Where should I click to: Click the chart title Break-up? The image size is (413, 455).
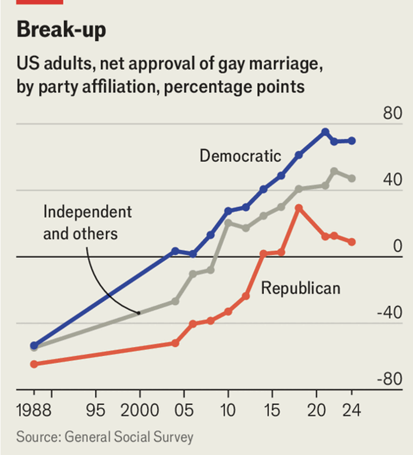click(61, 30)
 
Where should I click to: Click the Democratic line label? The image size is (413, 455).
click(240, 156)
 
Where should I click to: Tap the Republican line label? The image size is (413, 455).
click(301, 288)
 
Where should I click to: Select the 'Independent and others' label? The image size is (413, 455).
click(87, 222)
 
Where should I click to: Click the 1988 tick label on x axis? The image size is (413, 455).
click(34, 410)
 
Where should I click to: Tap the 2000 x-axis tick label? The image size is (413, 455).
click(140, 410)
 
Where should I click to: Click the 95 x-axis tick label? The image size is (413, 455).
click(96, 410)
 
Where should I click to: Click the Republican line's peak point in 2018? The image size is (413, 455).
click(298, 208)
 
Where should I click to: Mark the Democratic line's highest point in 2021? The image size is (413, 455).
click(325, 132)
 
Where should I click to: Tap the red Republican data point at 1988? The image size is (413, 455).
click(34, 364)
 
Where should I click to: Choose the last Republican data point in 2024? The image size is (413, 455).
click(352, 242)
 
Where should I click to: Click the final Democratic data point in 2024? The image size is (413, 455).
click(352, 140)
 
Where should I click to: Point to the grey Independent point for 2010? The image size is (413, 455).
click(228, 222)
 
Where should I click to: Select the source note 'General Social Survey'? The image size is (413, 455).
click(129, 436)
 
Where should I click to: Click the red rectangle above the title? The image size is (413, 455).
click(40, 2)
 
